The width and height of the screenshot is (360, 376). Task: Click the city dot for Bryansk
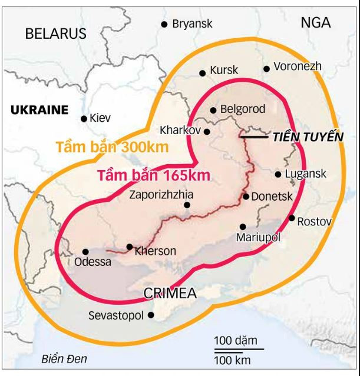[164, 24]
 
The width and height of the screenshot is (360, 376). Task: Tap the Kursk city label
[224, 70]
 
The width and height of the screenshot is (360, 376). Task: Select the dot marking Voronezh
[266, 69]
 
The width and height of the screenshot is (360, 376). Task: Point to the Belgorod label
[242, 109]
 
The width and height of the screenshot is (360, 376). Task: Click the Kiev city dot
[84, 118]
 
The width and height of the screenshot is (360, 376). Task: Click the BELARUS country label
[55, 34]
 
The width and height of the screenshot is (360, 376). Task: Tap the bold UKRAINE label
[39, 109]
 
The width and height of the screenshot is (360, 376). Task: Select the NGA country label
[316, 23]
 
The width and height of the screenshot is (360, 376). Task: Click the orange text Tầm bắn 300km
[112, 147]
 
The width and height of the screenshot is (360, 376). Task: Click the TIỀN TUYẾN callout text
[307, 137]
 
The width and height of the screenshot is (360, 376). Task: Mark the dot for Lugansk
[278, 174]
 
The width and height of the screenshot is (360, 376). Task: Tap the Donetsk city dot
[246, 197]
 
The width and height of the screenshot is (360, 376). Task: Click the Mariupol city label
[257, 237]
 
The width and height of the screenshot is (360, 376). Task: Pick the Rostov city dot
[292, 218]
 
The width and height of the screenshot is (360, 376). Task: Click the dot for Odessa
[85, 251]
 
